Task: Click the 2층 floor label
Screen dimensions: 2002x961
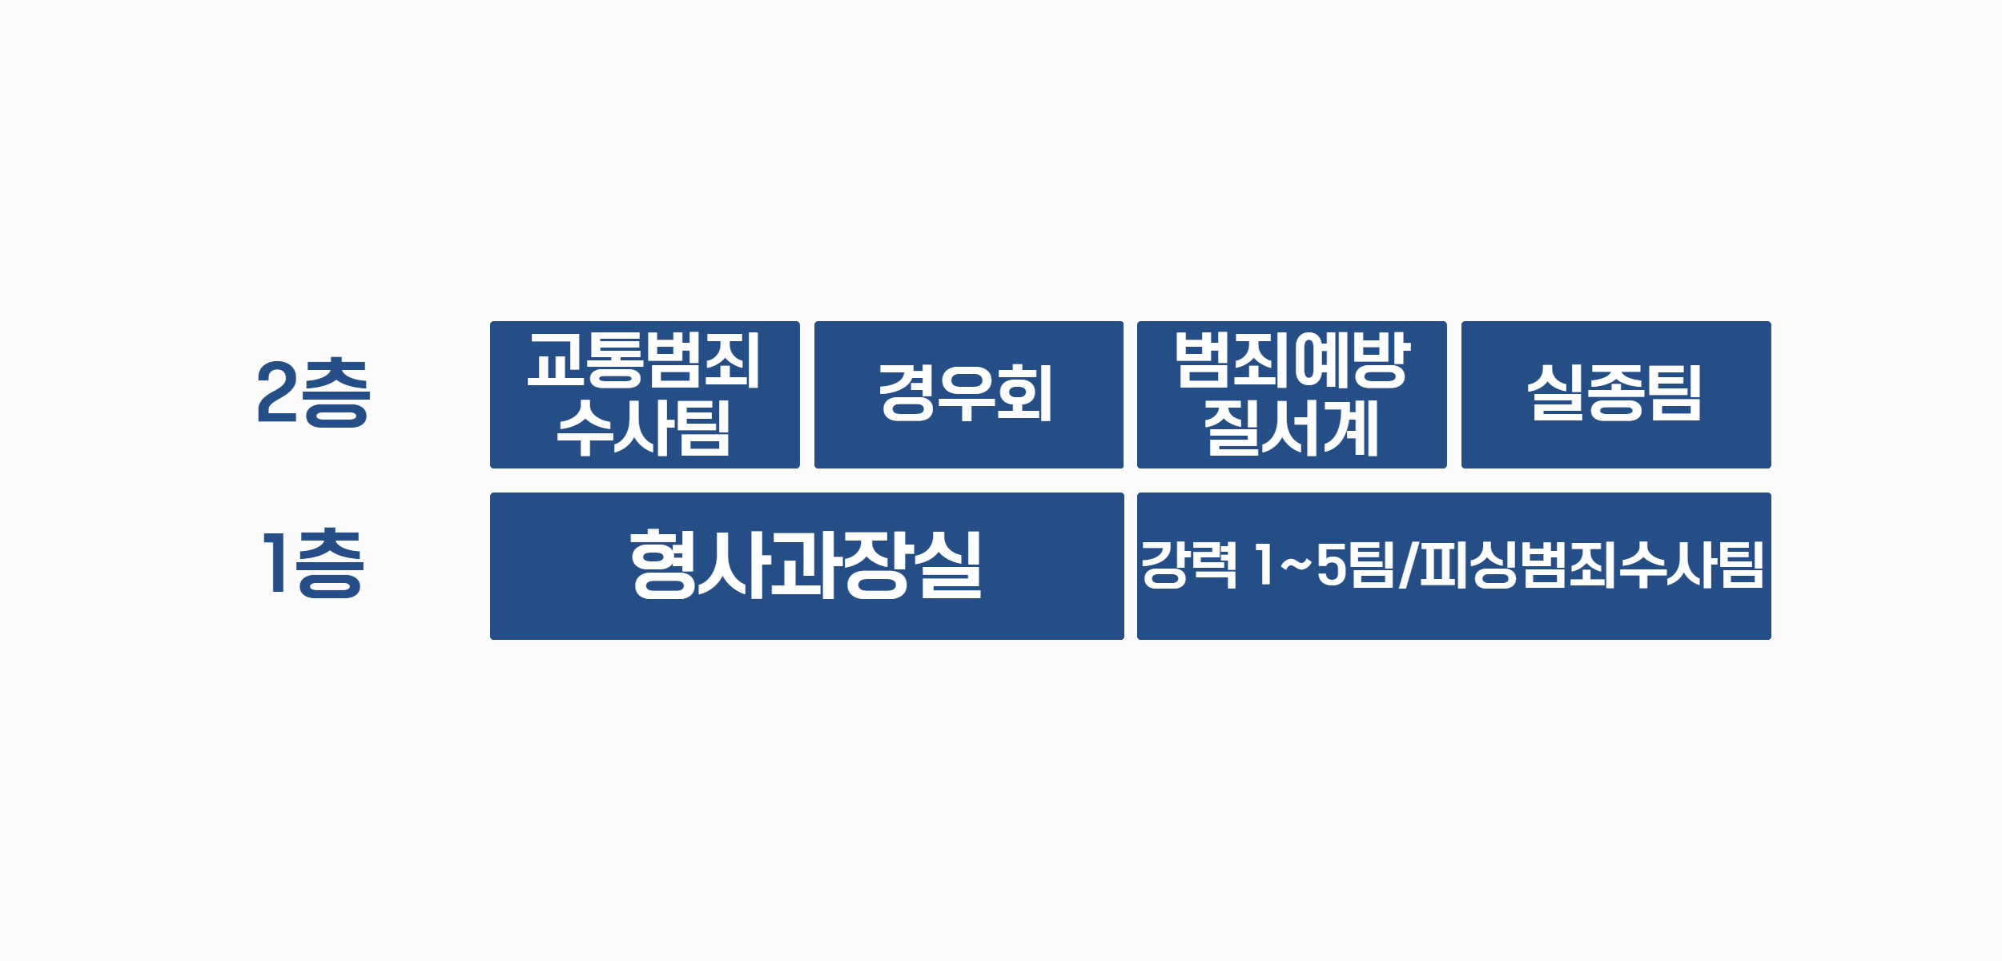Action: [313, 392]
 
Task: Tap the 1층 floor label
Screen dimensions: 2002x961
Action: [313, 563]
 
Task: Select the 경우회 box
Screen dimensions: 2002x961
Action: [969, 395]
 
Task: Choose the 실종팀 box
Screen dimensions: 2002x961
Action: [1616, 395]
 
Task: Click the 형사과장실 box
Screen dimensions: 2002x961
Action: [807, 566]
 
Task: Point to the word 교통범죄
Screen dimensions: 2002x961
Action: [644, 360]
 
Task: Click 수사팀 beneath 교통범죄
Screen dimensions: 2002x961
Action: [644, 428]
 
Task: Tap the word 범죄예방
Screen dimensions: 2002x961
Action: [1292, 360]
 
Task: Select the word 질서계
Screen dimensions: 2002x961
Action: [1292, 428]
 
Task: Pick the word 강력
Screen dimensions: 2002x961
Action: [1189, 565]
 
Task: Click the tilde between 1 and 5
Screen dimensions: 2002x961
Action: [1296, 565]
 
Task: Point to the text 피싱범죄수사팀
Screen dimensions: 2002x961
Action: [1591, 565]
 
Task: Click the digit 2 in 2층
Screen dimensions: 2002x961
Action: [278, 392]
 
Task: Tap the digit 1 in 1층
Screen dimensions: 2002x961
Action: [275, 563]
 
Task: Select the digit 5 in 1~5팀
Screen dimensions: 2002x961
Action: [1331, 565]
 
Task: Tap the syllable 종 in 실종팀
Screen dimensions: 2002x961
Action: [1616, 392]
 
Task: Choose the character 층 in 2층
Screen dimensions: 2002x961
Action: [336, 392]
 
